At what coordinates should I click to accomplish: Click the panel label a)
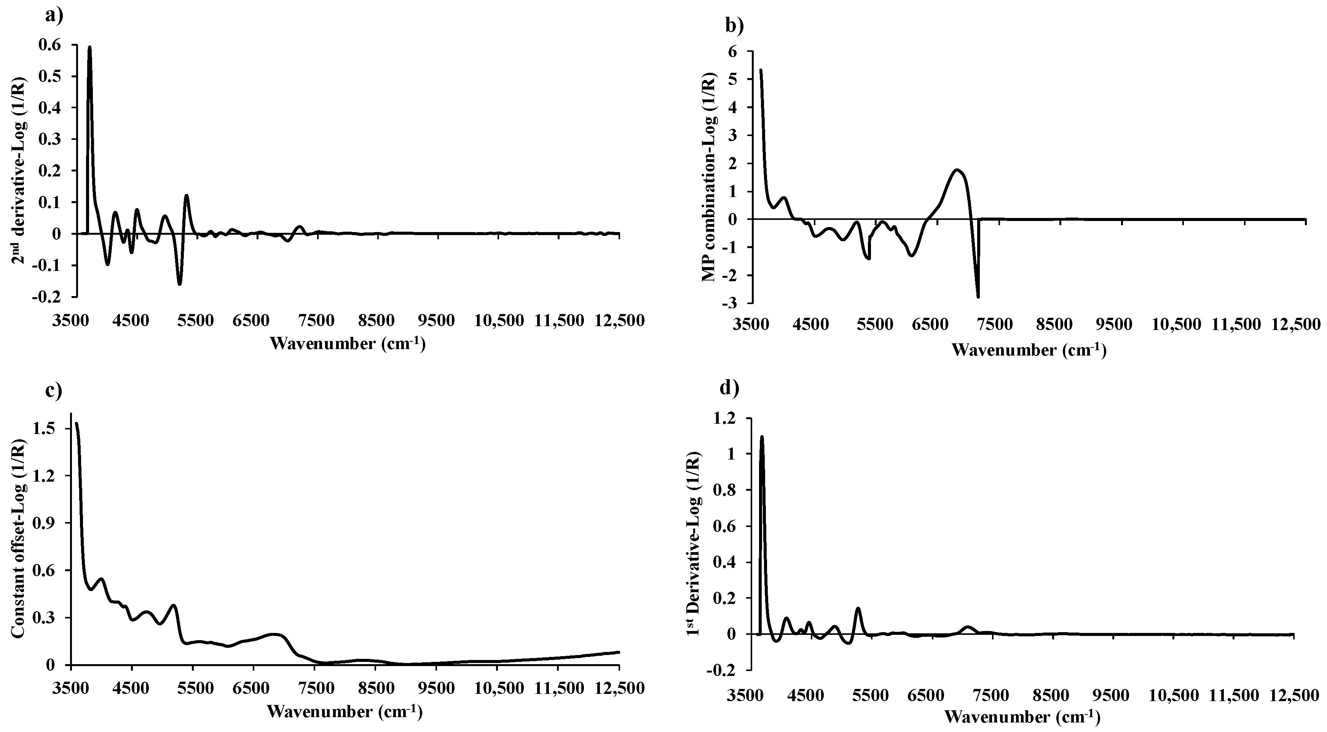coord(54,16)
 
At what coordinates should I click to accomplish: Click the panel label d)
coord(729,388)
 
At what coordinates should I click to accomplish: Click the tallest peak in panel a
coord(89,47)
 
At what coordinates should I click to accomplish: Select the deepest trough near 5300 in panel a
coord(179,284)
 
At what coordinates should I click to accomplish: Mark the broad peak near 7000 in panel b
coord(957,170)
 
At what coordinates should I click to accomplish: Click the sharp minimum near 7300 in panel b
coord(978,296)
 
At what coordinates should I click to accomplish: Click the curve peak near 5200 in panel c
coord(174,606)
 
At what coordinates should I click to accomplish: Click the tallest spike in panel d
coord(762,437)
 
